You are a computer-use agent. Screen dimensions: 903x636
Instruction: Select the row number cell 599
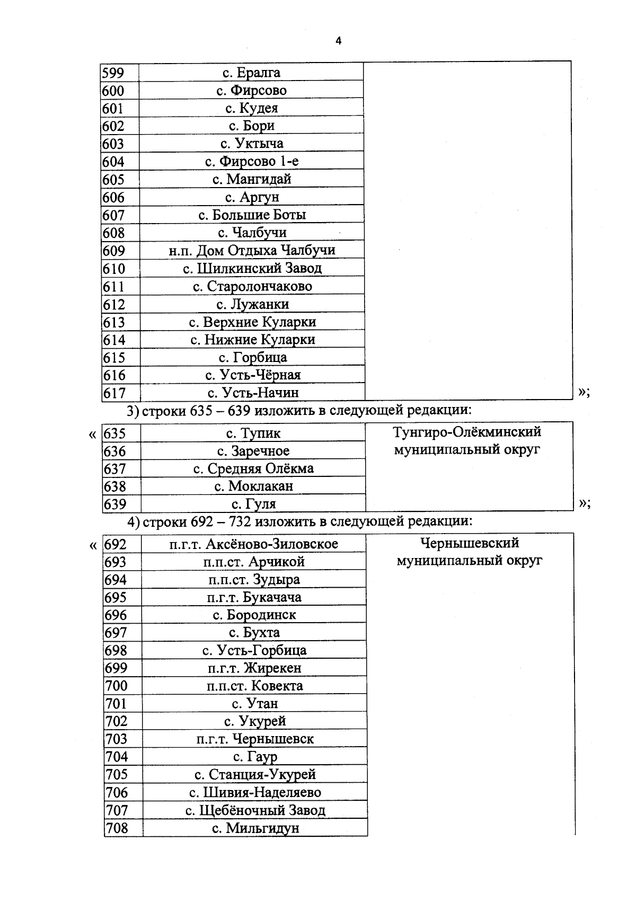[113, 73]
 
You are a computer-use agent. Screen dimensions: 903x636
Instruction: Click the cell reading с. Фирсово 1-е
[252, 161]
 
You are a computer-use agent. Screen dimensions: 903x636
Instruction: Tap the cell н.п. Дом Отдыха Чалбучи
[252, 250]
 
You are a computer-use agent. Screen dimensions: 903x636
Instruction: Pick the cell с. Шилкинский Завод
[252, 268]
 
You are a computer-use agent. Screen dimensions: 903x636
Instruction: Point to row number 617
[115, 393]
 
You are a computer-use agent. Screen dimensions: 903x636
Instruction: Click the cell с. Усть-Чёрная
[253, 375]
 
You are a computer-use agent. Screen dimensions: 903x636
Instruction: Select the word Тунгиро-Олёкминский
[467, 432]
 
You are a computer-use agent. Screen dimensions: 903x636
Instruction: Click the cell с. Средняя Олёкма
[253, 468]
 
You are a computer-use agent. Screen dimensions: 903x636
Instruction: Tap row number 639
[115, 504]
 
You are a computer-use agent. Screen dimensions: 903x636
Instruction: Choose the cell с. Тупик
[253, 433]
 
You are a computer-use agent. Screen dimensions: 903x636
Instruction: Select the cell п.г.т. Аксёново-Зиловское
[254, 544]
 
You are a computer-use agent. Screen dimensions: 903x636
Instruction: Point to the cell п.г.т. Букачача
[254, 598]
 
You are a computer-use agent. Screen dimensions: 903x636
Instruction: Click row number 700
[116, 686]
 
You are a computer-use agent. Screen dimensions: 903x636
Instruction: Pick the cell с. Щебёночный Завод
[255, 810]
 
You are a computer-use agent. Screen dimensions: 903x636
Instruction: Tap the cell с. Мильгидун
[255, 828]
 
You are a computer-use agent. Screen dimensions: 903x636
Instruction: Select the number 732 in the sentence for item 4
[240, 522]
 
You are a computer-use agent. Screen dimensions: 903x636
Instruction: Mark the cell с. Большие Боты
[252, 215]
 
